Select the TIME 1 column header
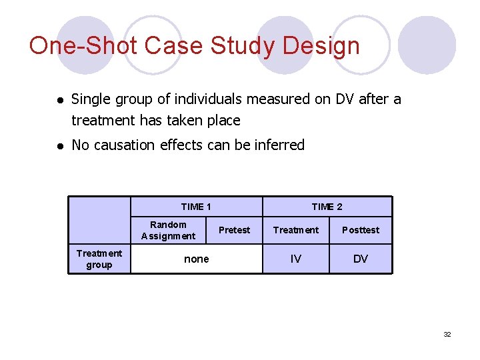(196, 207)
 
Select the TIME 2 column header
(327, 207)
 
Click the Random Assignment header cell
(168, 230)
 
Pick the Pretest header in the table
(235, 230)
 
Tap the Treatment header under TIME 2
(296, 230)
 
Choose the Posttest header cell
(360, 230)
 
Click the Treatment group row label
(99, 259)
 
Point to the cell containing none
(196, 259)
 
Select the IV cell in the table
(296, 259)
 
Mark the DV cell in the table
(360, 259)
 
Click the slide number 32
(447, 334)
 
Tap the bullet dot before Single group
(59, 100)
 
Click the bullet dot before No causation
(59, 145)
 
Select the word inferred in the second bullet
(279, 145)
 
